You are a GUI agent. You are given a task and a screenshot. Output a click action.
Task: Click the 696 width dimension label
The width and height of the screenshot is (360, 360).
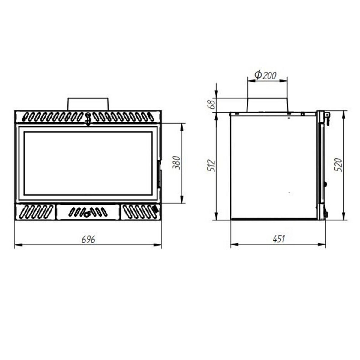pyautogui.click(x=88, y=240)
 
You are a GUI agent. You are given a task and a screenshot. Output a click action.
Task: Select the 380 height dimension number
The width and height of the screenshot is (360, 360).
pyautogui.click(x=177, y=163)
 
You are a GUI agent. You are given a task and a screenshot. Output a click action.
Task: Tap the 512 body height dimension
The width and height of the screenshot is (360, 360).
pyautogui.click(x=211, y=166)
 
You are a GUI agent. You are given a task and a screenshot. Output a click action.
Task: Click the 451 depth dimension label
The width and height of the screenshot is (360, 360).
pyautogui.click(x=279, y=239)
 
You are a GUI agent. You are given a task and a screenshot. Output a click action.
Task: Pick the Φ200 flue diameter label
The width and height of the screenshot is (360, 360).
pyautogui.click(x=265, y=75)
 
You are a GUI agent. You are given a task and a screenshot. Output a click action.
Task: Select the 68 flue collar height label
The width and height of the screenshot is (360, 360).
pyautogui.click(x=211, y=104)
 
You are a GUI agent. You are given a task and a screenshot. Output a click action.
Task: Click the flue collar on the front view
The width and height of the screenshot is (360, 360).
pyautogui.click(x=88, y=104)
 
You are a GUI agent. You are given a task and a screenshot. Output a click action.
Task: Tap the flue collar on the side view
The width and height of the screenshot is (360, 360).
pyautogui.click(x=267, y=105)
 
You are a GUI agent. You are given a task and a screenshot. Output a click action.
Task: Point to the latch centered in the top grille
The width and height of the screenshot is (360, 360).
pyautogui.click(x=88, y=118)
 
